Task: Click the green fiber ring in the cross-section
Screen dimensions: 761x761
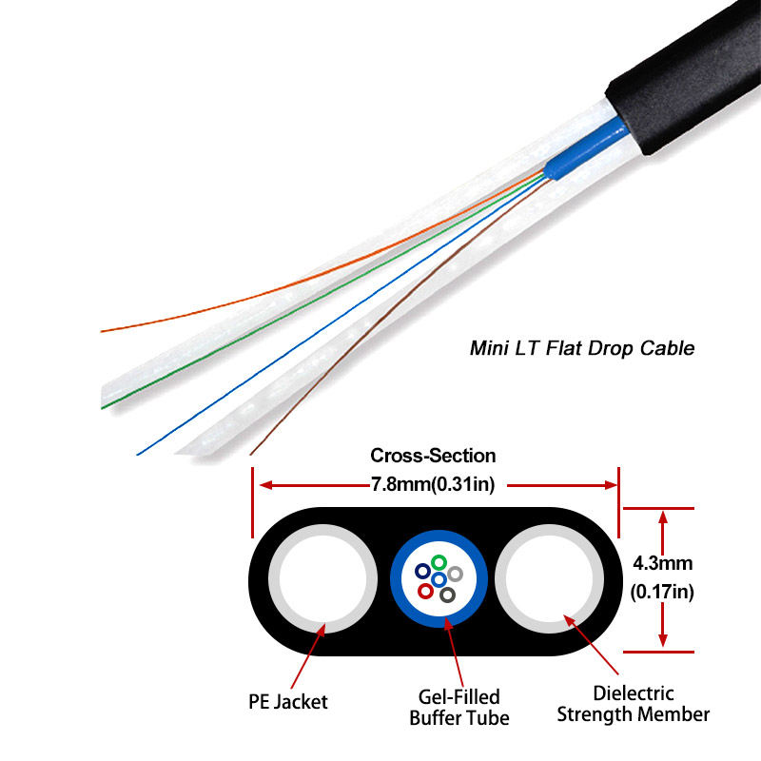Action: [439, 562]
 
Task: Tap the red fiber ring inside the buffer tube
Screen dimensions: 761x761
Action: [425, 592]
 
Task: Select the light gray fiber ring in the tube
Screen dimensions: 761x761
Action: [455, 574]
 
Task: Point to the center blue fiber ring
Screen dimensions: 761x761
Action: [439, 579]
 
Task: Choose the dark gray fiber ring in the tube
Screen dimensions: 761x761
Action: [447, 595]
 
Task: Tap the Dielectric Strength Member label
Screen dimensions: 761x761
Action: [634, 704]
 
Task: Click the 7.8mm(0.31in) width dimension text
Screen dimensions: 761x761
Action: [433, 484]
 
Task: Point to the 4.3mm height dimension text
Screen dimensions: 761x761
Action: [663, 562]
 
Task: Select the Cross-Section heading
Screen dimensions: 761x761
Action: [433, 456]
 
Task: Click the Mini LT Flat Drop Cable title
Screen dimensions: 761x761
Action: [582, 348]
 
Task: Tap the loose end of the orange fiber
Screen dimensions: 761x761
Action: [105, 331]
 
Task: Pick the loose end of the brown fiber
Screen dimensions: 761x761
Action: [252, 451]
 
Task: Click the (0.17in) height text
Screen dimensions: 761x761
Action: [663, 592]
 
